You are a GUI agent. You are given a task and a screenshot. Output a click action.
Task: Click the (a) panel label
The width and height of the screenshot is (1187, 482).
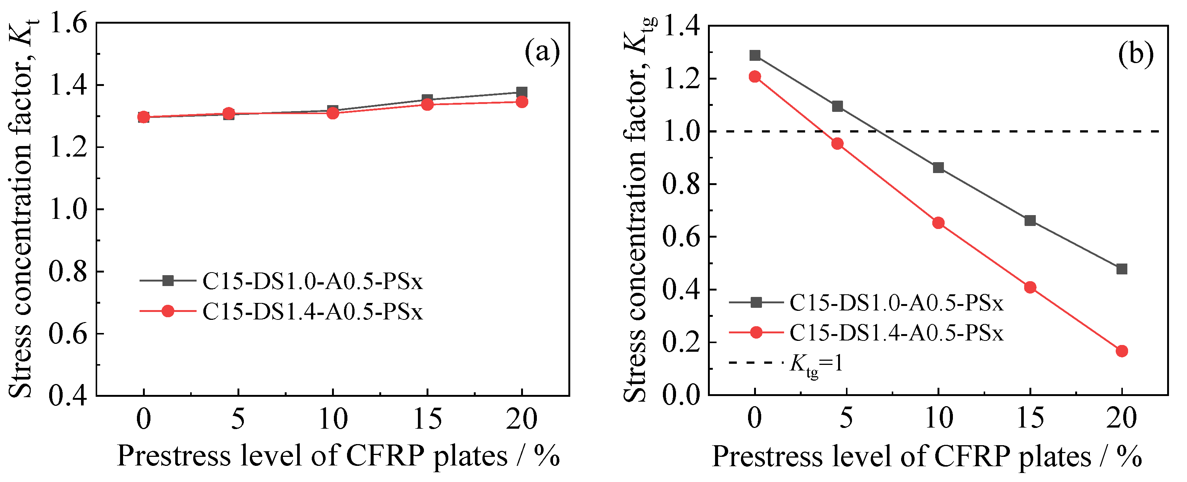(x=542, y=52)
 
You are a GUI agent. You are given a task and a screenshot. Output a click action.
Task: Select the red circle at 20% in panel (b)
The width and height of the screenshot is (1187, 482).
(x=1122, y=351)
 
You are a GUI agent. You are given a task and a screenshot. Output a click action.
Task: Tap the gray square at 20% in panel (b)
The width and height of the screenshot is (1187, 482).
(x=1122, y=269)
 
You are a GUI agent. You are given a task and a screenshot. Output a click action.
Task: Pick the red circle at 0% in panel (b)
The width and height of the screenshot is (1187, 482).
(x=755, y=77)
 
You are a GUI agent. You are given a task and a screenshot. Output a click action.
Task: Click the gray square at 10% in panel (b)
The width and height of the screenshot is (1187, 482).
(x=938, y=167)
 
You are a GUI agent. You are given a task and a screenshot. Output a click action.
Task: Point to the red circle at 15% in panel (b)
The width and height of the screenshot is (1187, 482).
(x=1030, y=287)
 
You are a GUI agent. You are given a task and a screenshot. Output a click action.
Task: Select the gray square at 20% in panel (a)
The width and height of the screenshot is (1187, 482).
(x=521, y=92)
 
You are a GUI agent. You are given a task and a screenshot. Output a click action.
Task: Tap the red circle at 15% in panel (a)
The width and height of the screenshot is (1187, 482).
(x=428, y=105)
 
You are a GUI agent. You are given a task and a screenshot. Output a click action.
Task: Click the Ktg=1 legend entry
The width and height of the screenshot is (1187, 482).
(x=816, y=363)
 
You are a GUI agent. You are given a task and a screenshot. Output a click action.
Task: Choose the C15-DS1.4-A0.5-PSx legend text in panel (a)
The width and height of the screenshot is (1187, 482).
(x=313, y=312)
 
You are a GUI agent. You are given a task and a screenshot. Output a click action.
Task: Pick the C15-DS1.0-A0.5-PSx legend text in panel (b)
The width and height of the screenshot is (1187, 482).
(x=897, y=303)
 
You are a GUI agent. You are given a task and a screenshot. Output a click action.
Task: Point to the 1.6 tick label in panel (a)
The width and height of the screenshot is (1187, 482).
(x=68, y=23)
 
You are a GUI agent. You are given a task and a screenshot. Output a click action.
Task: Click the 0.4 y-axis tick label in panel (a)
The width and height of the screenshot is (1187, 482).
(x=68, y=395)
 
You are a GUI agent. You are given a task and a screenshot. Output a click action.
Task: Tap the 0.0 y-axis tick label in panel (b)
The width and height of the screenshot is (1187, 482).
(x=681, y=395)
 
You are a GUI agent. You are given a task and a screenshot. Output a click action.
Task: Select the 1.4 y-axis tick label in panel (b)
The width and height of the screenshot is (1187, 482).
(x=681, y=27)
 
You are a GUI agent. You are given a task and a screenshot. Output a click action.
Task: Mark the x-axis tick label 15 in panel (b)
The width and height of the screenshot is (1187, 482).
(x=1030, y=418)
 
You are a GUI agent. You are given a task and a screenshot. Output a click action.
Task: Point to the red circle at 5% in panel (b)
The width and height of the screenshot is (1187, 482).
(x=837, y=143)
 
